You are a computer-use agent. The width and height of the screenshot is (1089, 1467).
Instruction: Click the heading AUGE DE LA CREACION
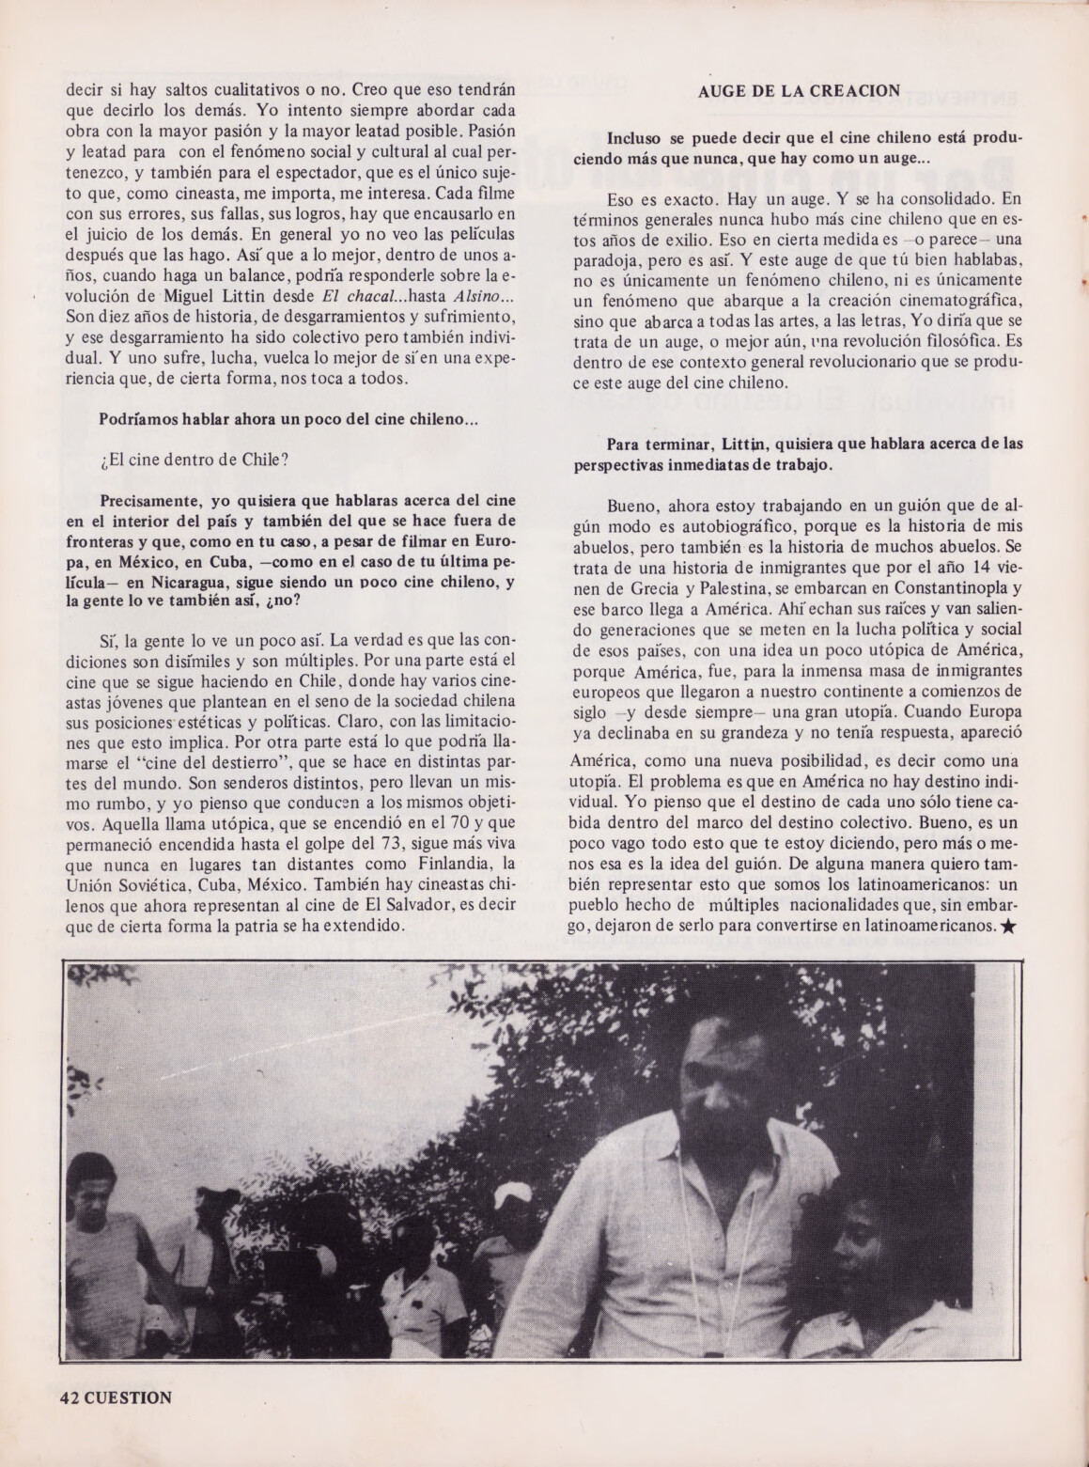pos(800,91)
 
